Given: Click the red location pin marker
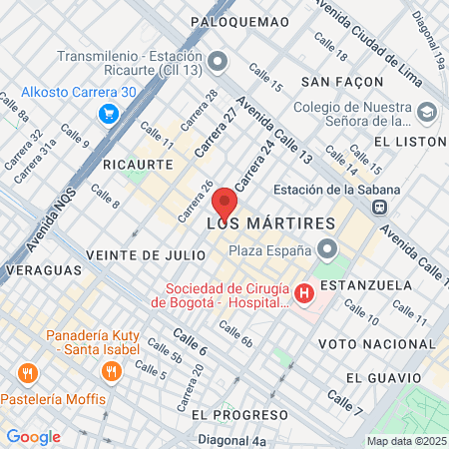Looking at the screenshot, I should (x=224, y=203).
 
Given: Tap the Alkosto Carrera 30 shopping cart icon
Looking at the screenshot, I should (x=107, y=115).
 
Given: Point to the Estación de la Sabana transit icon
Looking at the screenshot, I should (x=379, y=208).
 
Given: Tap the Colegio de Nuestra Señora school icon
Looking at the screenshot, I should (x=428, y=111).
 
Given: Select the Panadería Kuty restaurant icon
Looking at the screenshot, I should (x=111, y=371).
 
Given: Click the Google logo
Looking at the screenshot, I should (x=33, y=436).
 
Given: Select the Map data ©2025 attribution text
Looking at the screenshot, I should (x=405, y=441).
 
